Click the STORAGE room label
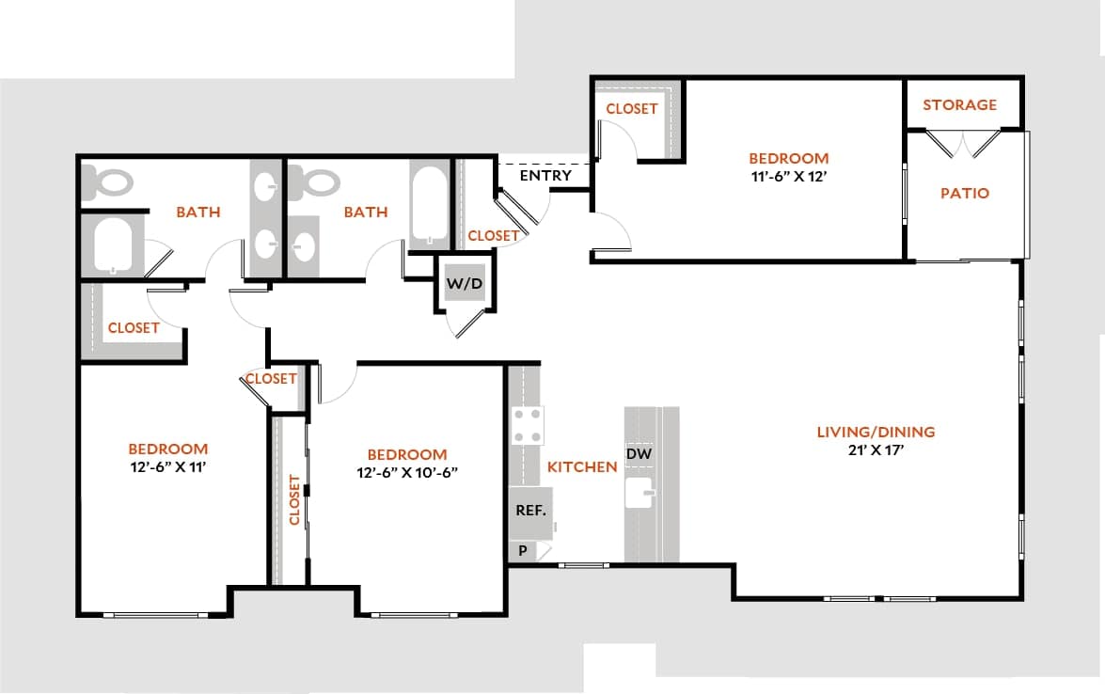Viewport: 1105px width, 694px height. point(959,104)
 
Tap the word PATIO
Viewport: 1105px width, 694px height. point(965,193)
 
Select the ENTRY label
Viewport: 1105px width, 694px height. point(545,175)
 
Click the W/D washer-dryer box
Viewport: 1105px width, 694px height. point(462,282)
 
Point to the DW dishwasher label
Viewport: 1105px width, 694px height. point(639,454)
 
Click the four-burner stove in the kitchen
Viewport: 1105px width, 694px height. point(527,425)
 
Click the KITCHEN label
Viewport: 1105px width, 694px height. point(582,466)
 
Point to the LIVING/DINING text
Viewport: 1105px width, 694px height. point(876,432)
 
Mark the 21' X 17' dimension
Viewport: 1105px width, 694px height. point(876,450)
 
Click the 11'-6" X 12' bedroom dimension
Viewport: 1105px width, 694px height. point(788,175)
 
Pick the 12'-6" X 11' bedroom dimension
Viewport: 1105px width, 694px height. point(167,465)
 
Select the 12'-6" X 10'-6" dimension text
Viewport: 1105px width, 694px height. point(406,472)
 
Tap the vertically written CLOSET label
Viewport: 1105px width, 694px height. point(294,499)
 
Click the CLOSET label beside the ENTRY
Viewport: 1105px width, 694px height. point(493,235)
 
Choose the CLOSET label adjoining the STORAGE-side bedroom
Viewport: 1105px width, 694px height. point(631,109)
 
